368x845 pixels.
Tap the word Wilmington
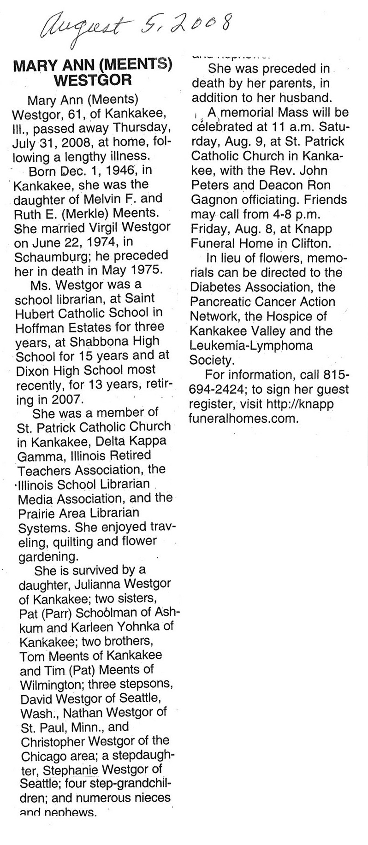click(52, 684)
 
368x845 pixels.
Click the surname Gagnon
click(214, 199)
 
